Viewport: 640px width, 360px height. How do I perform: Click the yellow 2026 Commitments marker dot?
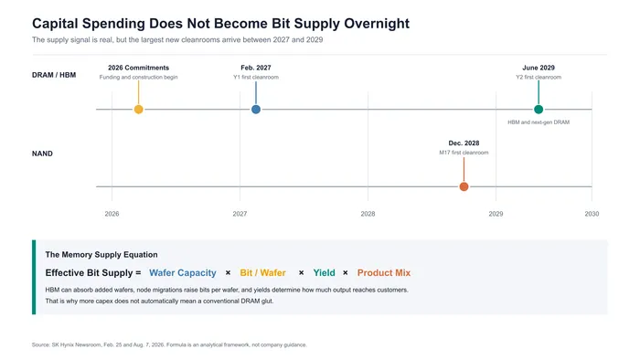(138, 110)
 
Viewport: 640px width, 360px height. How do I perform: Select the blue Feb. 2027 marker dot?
(256, 110)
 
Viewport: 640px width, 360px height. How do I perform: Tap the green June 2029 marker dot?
(539, 110)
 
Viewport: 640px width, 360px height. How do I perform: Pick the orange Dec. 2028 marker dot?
(464, 186)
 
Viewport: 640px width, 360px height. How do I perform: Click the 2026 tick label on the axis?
(112, 214)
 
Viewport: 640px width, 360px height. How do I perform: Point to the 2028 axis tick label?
(368, 214)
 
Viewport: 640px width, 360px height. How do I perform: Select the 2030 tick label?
(592, 214)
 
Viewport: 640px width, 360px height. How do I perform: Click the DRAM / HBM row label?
(54, 75)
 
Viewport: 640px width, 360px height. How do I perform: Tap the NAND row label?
(42, 154)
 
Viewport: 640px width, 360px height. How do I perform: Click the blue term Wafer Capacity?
(183, 273)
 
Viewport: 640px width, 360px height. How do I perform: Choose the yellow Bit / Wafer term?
(263, 273)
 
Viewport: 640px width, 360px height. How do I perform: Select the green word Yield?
(324, 273)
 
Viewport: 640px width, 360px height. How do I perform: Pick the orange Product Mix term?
(384, 273)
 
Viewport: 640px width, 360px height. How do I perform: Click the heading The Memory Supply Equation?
(101, 255)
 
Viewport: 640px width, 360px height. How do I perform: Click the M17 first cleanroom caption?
(464, 153)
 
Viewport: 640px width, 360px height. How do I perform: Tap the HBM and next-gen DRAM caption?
(539, 122)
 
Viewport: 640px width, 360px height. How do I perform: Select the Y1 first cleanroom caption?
(256, 77)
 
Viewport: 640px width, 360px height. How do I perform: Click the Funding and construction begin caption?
(138, 77)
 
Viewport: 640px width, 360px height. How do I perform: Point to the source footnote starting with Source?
(169, 344)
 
